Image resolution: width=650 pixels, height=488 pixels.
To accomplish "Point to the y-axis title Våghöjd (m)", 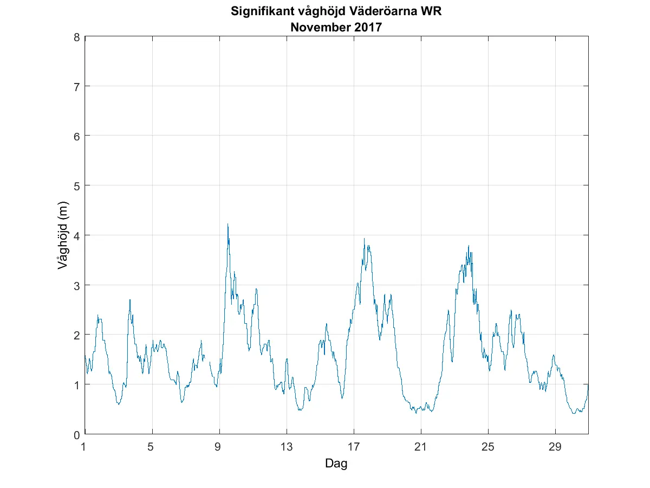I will tap(62, 235).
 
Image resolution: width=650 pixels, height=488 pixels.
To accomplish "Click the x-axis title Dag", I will tap(336, 464).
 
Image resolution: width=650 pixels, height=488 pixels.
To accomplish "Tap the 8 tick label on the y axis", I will tap(77, 37).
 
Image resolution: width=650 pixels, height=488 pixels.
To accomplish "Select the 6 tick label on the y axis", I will tap(77, 136).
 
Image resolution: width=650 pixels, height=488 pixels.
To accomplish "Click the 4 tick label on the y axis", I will tap(77, 235).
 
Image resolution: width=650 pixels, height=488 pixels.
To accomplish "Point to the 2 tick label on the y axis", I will tap(77, 335).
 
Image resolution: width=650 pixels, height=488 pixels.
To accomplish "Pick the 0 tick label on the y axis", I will tap(77, 434).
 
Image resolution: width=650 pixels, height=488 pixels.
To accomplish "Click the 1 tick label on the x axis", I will tap(84, 447).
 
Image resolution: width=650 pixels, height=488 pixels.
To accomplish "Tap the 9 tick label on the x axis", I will tap(218, 447).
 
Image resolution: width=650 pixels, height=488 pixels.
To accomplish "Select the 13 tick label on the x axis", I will tap(287, 447).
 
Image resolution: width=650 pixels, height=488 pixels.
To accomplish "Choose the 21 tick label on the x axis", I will tap(421, 447).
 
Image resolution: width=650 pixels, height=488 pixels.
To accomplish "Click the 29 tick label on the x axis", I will tap(555, 447).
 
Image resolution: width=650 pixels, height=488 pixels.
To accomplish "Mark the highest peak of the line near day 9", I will tap(227, 224).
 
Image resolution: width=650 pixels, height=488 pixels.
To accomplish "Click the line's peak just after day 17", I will tap(365, 238).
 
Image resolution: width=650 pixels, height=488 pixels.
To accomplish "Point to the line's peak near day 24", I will tap(469, 246).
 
